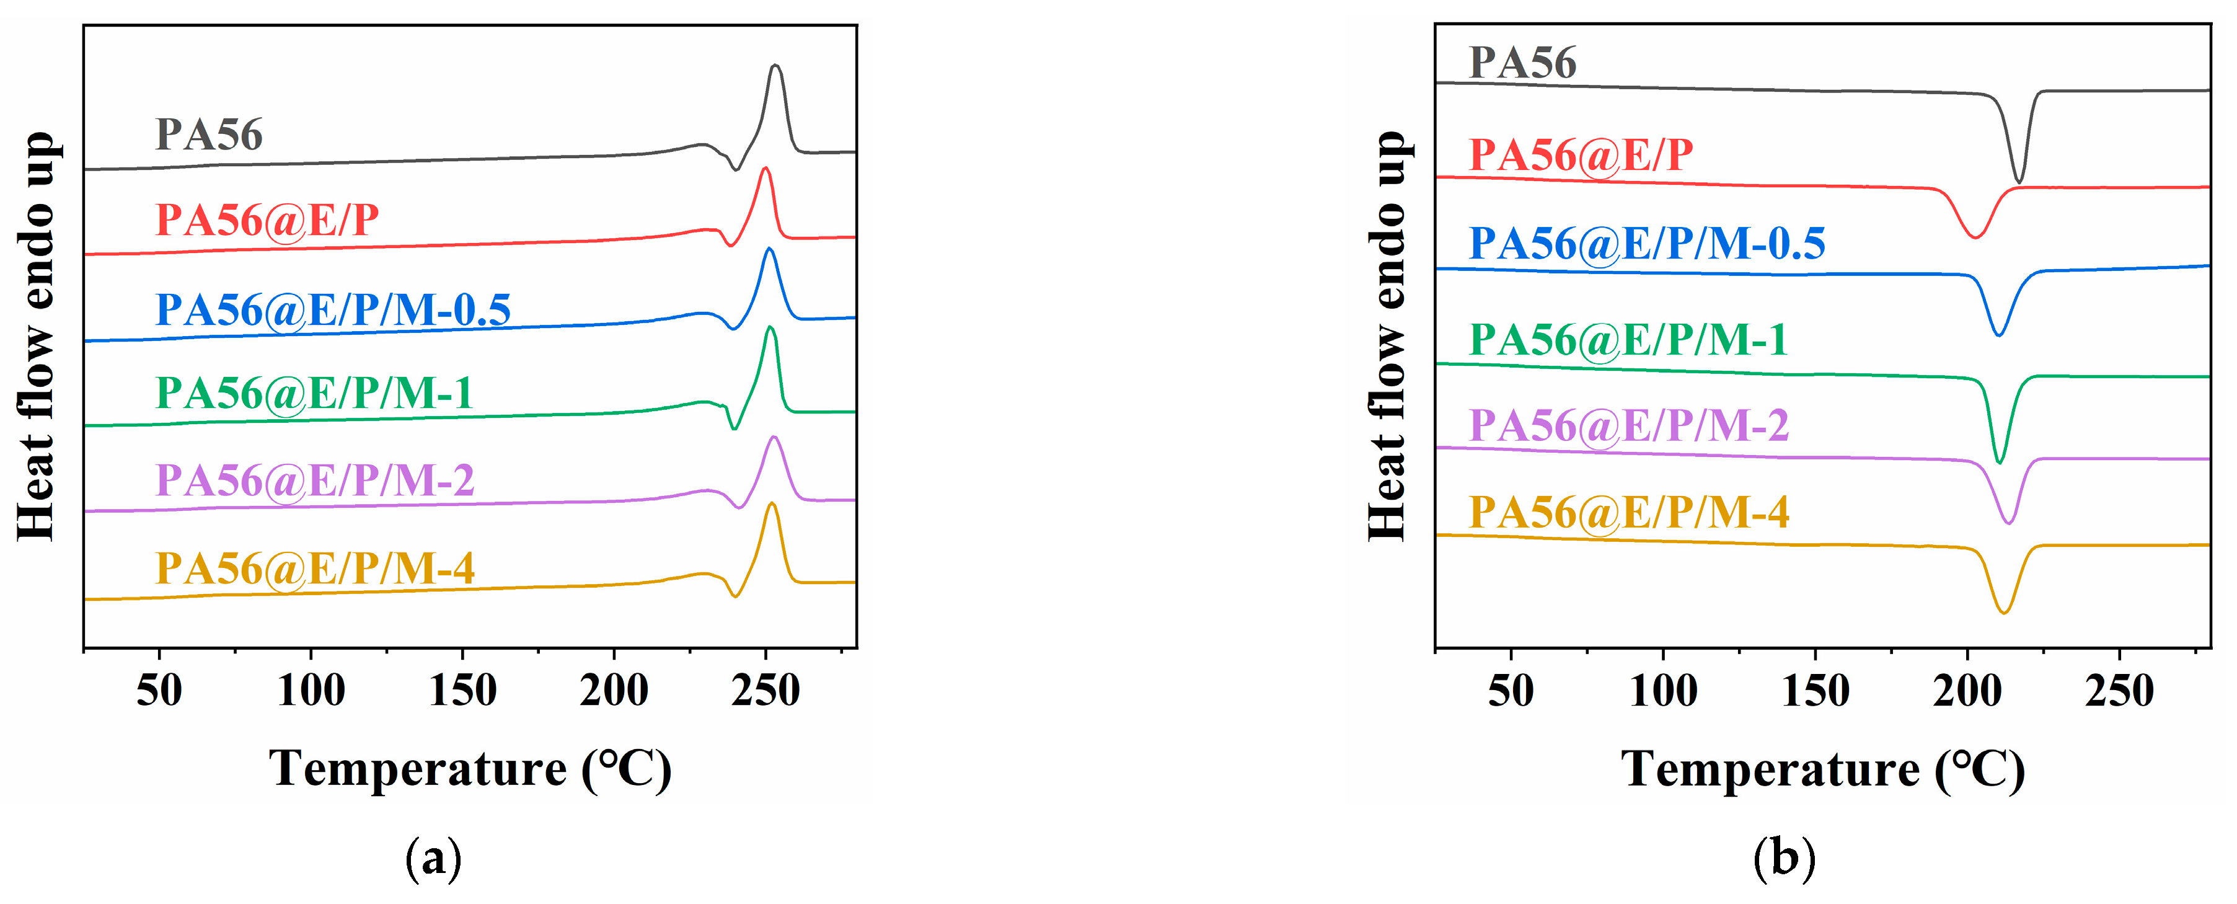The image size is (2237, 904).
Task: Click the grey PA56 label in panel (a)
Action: [208, 135]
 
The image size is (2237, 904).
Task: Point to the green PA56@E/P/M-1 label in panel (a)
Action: [314, 393]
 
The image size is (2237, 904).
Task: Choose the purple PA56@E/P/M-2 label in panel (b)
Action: [1628, 425]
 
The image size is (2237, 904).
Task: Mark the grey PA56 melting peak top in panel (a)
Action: [775, 66]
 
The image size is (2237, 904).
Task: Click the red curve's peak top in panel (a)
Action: [764, 169]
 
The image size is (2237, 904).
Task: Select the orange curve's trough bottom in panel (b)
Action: [2003, 612]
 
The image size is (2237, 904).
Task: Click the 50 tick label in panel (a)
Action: [159, 691]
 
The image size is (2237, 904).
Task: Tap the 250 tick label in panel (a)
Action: [765, 691]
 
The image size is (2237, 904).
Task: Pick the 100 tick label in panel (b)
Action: [1663, 691]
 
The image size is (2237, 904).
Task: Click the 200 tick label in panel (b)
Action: [1967, 691]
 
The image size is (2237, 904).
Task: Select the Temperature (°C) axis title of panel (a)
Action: [470, 769]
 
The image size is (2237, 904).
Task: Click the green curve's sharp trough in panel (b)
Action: [1999, 462]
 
